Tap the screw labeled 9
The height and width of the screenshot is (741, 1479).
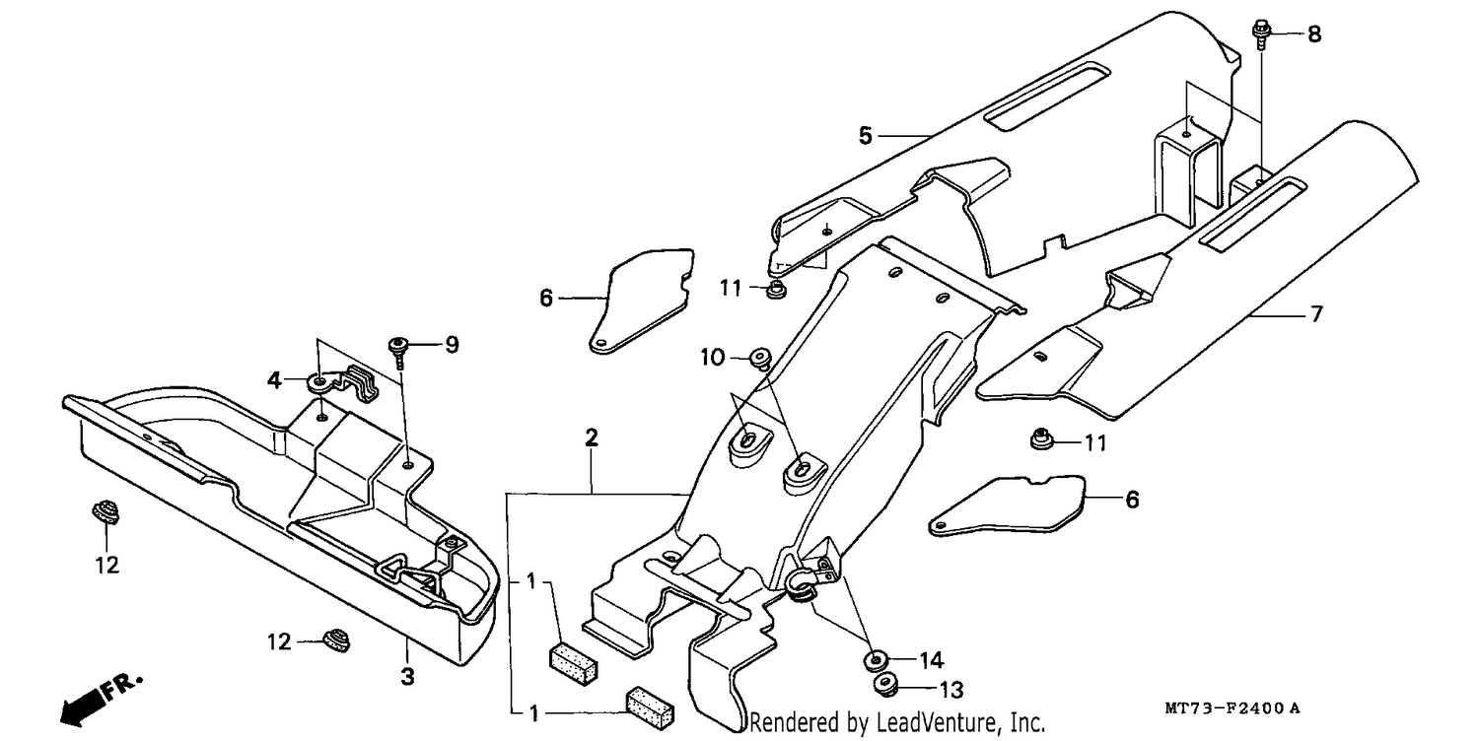coord(398,352)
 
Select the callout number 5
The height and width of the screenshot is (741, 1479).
coord(865,135)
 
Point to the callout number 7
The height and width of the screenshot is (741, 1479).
coord(1316,313)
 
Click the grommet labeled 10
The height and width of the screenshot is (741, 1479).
coord(760,359)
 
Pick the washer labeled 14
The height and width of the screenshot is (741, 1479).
coord(876,660)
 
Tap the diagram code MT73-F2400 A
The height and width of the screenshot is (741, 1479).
coord(1232,708)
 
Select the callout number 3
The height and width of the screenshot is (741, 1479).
coord(407,676)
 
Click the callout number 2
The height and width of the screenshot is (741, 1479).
coord(591,438)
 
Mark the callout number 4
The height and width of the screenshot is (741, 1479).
coord(274,380)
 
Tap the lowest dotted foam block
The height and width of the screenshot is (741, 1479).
coord(651,707)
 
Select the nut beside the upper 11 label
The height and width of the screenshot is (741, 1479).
coord(775,289)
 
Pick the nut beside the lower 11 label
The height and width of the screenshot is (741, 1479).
coord(1042,438)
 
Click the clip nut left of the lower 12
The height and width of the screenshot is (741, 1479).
coord(336,640)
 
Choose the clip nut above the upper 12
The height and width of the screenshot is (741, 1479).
coord(105,511)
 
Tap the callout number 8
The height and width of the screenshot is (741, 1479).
coord(1314,34)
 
